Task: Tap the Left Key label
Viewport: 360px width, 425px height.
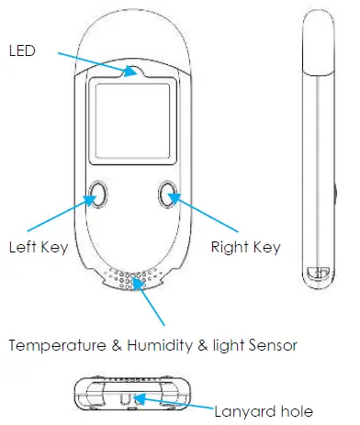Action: [x=35, y=246]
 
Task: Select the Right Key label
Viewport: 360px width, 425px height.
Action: [x=245, y=246]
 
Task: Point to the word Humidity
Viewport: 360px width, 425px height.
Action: [x=148, y=346]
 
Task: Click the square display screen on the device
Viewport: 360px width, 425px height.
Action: [x=129, y=117]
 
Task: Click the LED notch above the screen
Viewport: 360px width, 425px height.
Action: [x=134, y=70]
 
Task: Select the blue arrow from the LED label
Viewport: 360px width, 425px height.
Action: [x=92, y=60]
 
